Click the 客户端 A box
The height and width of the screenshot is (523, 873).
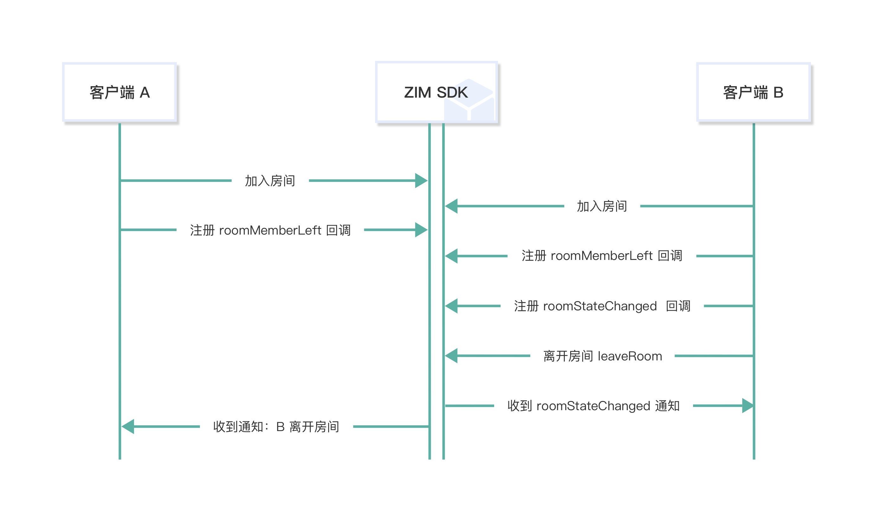[119, 92]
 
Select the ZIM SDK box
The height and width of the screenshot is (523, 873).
[436, 92]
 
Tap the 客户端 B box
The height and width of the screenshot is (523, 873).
[753, 92]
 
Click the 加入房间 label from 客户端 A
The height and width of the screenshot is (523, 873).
[270, 181]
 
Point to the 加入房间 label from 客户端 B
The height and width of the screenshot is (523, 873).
[602, 206]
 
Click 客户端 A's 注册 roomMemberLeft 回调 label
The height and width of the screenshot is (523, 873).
[270, 230]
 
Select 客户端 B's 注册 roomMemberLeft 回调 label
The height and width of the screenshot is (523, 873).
[602, 256]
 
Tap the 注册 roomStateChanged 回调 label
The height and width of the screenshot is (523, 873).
[602, 306]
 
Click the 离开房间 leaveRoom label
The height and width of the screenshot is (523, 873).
[602, 356]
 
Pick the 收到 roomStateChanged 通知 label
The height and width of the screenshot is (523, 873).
[593, 406]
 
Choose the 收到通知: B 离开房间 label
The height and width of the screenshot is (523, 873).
[276, 427]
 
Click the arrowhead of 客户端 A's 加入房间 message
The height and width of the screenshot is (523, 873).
[421, 181]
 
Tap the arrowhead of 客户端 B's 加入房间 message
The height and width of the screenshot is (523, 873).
[451, 206]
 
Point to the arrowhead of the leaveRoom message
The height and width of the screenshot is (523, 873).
[451, 356]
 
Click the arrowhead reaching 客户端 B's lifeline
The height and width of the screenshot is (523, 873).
[747, 406]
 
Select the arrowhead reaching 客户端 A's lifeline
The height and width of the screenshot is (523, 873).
[128, 426]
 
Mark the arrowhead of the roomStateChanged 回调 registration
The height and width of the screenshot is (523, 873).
[451, 306]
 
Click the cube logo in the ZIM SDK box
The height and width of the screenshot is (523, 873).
[469, 100]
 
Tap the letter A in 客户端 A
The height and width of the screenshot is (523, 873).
[145, 93]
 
